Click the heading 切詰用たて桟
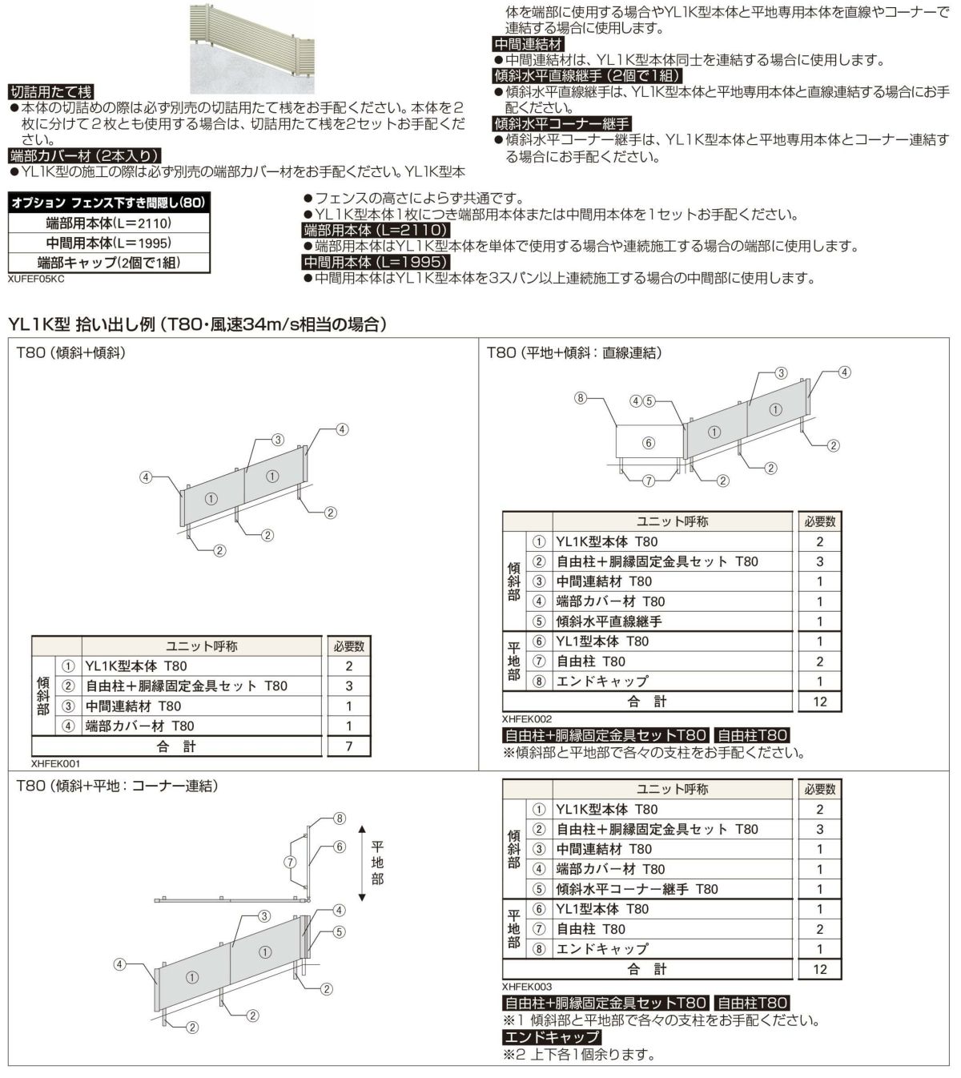pyautogui.click(x=50, y=92)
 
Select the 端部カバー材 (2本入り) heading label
pyautogui.click(x=84, y=155)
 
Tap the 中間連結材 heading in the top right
pyautogui.click(x=529, y=44)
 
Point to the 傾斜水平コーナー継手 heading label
pyautogui.click(x=562, y=123)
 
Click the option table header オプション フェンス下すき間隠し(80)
pyautogui.click(x=109, y=203)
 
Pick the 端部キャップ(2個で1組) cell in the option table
pyautogui.click(x=109, y=262)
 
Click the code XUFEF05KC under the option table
pyautogui.click(x=35, y=280)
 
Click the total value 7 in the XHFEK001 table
pyautogui.click(x=348, y=746)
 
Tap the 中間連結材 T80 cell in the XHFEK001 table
pyautogui.click(x=134, y=706)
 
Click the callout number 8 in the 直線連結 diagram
pyautogui.click(x=581, y=397)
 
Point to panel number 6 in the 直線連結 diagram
pyautogui.click(x=649, y=443)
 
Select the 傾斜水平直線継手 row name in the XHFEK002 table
pyautogui.click(x=609, y=621)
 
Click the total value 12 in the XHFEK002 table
pyautogui.click(x=819, y=702)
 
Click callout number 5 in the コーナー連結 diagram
pyautogui.click(x=340, y=932)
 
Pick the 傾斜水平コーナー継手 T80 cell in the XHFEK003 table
pyautogui.click(x=637, y=889)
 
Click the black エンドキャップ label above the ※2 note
pyautogui.click(x=552, y=1037)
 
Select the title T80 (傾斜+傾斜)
pyautogui.click(x=71, y=352)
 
